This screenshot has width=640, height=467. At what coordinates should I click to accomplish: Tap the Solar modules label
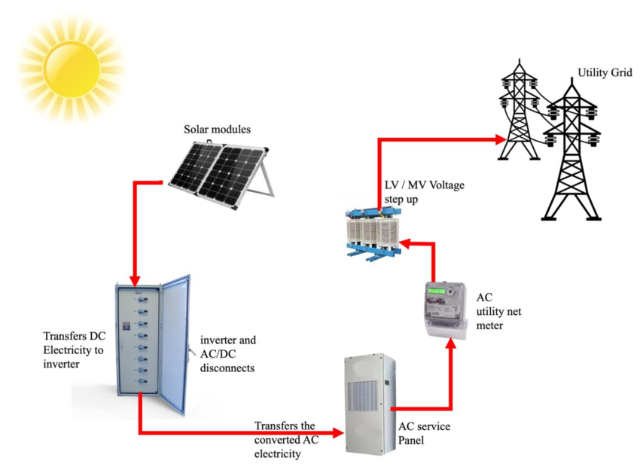point(218,129)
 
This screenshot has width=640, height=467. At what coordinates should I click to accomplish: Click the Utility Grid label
point(604,73)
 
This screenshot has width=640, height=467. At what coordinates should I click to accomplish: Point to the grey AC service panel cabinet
point(369,403)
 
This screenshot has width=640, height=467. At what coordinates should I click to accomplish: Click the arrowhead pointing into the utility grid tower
point(500,139)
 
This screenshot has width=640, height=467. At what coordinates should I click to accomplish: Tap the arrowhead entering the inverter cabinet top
point(133,279)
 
